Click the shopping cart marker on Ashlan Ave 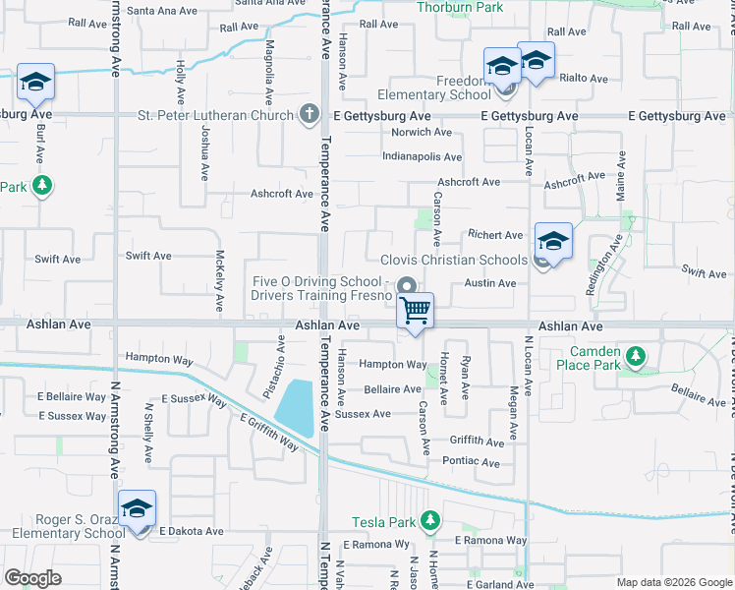[416, 311]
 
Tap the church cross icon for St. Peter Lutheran [310, 114]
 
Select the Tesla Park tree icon [429, 519]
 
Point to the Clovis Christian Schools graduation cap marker [553, 241]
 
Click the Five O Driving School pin [405, 286]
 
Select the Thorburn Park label [460, 7]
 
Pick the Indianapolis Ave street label [422, 156]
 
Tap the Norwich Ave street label [422, 132]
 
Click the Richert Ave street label [495, 235]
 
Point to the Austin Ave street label [490, 283]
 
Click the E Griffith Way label [269, 432]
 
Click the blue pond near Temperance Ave [296, 407]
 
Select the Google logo [33, 578]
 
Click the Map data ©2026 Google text [672, 582]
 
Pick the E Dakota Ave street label [192, 531]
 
